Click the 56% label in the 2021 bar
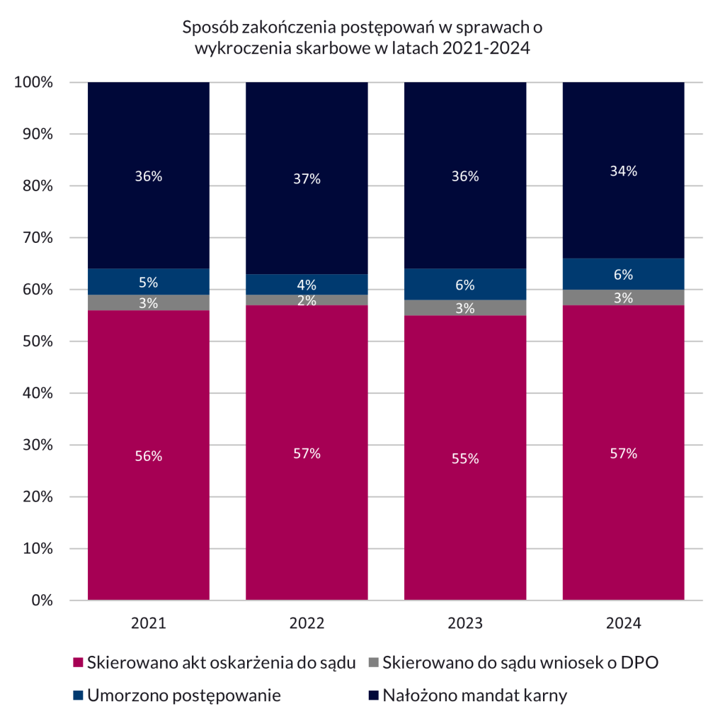[x=149, y=457]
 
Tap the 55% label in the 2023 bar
[x=465, y=459]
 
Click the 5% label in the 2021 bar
[x=149, y=282]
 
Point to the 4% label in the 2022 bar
[x=307, y=285]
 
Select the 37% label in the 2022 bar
[x=307, y=179]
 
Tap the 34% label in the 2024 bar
[x=624, y=171]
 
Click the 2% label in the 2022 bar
[x=307, y=300]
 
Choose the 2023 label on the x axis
[x=465, y=624]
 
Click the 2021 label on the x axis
[x=149, y=624]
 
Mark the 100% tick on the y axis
[x=34, y=82]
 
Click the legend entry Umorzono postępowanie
[x=183, y=695]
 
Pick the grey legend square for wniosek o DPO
[x=375, y=664]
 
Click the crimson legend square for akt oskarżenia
[x=79, y=664]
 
